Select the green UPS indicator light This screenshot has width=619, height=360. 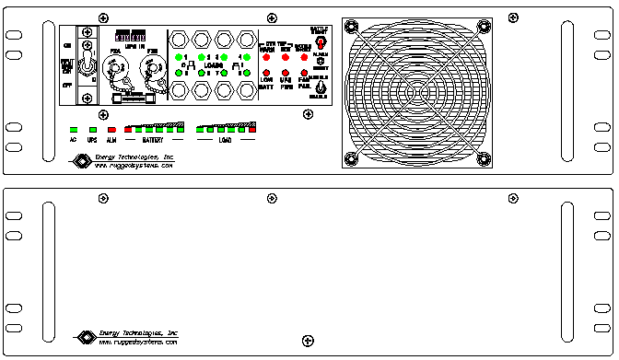click(92, 130)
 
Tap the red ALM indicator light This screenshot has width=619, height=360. click(111, 130)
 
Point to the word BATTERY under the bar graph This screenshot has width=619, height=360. click(152, 141)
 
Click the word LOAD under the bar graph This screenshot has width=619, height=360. click(225, 141)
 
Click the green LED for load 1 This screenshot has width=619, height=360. click(178, 57)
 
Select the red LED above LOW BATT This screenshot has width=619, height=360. click(267, 72)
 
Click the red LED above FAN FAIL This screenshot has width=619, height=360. click(304, 72)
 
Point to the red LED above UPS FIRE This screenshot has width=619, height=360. click(286, 72)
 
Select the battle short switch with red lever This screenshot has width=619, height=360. click(320, 41)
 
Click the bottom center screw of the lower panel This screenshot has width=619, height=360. click(307, 342)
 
